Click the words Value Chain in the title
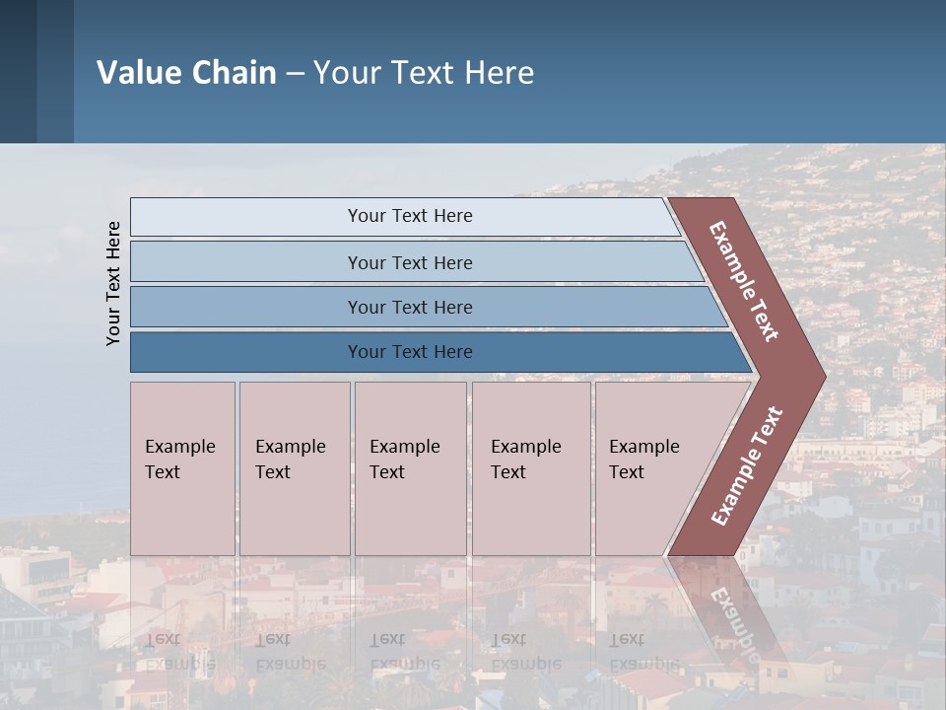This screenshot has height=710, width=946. (x=186, y=73)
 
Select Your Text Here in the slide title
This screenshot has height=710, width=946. (x=424, y=73)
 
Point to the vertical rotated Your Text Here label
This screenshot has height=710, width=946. (x=113, y=283)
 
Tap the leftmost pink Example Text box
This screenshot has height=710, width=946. (x=182, y=468)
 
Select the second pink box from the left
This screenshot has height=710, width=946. (x=294, y=468)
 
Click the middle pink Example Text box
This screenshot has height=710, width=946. (x=410, y=468)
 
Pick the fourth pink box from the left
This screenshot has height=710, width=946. (x=531, y=468)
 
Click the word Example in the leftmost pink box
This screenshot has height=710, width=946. (x=179, y=447)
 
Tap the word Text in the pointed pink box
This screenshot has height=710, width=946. (x=626, y=472)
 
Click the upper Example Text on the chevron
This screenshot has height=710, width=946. (x=744, y=281)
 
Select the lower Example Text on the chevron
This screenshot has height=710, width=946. (x=747, y=465)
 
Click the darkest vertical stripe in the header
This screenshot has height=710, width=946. (x=18, y=71)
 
